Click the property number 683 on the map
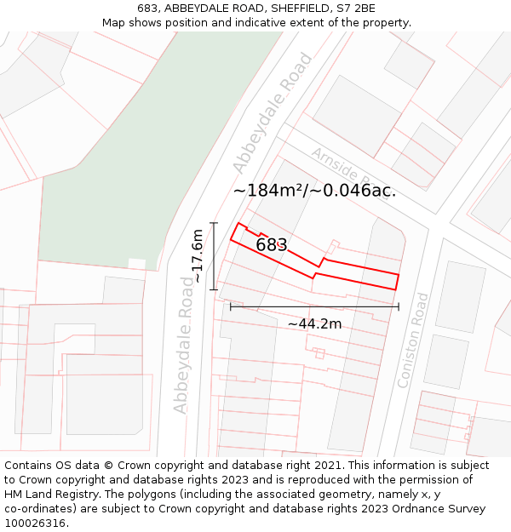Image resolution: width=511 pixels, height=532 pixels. (x=272, y=245)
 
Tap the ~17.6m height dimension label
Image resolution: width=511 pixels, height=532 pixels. (x=198, y=255)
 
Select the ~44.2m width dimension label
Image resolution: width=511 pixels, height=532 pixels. (x=314, y=323)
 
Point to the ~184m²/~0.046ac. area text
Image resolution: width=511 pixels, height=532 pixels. (x=314, y=191)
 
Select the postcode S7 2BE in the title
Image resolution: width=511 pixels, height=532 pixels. (x=355, y=9)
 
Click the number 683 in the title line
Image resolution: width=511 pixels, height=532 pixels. (x=147, y=9)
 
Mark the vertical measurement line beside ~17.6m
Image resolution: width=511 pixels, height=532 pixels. (x=214, y=255)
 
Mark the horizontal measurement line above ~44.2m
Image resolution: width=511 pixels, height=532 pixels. (x=314, y=306)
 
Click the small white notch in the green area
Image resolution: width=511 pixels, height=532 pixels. (x=136, y=265)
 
